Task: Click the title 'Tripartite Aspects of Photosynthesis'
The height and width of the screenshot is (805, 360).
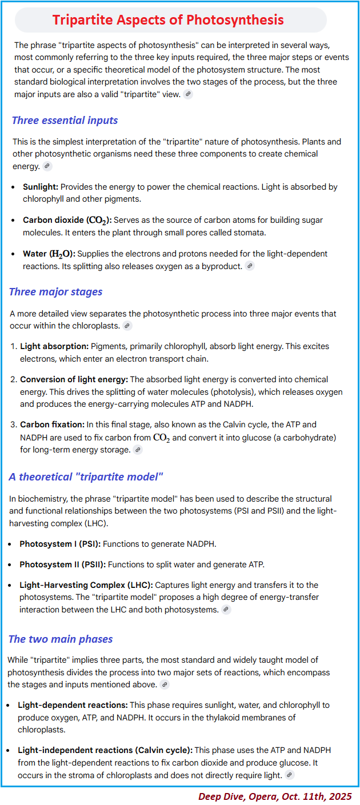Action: pyautogui.click(x=168, y=21)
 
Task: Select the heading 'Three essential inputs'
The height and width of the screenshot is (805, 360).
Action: pyautogui.click(x=65, y=120)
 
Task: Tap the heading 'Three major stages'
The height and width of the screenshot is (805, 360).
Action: pyautogui.click(x=55, y=291)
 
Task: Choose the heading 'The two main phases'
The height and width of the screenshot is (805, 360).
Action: pyautogui.click(x=61, y=639)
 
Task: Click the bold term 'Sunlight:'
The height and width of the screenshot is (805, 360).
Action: pyautogui.click(x=41, y=187)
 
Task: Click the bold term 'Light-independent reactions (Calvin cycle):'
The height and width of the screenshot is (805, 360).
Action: pyautogui.click(x=105, y=750)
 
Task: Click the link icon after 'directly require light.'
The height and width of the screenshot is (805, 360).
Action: pyautogui.click(x=290, y=775)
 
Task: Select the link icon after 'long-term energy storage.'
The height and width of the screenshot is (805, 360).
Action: pyautogui.click(x=137, y=450)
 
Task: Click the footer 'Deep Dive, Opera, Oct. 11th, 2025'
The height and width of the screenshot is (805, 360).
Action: pyautogui.click(x=275, y=796)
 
